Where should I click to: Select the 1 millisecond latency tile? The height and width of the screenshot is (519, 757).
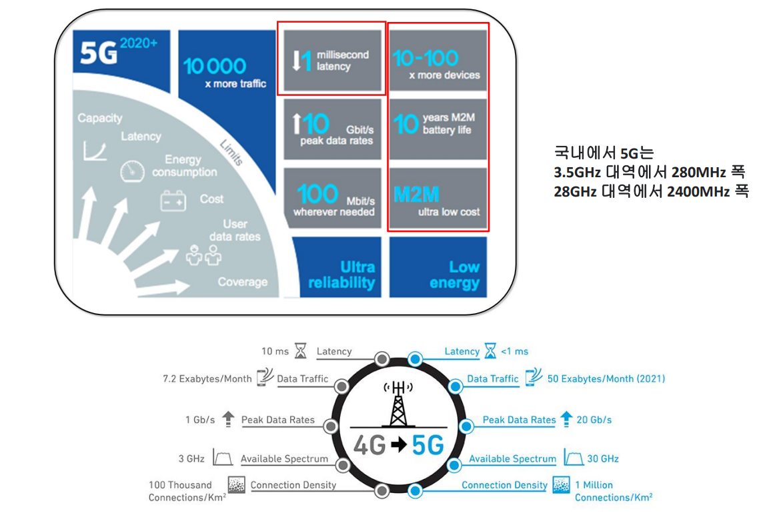click(333, 61)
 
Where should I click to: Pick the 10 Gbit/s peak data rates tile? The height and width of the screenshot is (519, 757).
click(333, 129)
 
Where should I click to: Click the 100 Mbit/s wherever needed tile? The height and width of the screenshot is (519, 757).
click(333, 199)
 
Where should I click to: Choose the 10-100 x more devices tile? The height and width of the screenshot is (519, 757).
click(438, 61)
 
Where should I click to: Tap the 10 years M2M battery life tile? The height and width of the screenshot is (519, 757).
click(438, 129)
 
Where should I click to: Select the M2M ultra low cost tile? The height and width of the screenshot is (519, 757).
click(438, 199)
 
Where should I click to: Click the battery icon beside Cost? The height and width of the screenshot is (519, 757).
click(173, 201)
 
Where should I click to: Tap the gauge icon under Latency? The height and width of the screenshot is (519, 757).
click(132, 171)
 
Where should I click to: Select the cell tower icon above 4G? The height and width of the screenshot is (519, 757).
click(398, 404)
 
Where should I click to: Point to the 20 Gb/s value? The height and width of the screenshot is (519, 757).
click(594, 420)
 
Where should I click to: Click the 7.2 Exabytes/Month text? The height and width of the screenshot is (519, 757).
click(207, 378)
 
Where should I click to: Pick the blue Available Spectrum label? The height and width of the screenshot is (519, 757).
click(512, 458)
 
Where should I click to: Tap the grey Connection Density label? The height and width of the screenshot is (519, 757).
click(293, 485)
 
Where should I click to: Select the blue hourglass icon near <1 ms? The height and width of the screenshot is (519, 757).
click(491, 350)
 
